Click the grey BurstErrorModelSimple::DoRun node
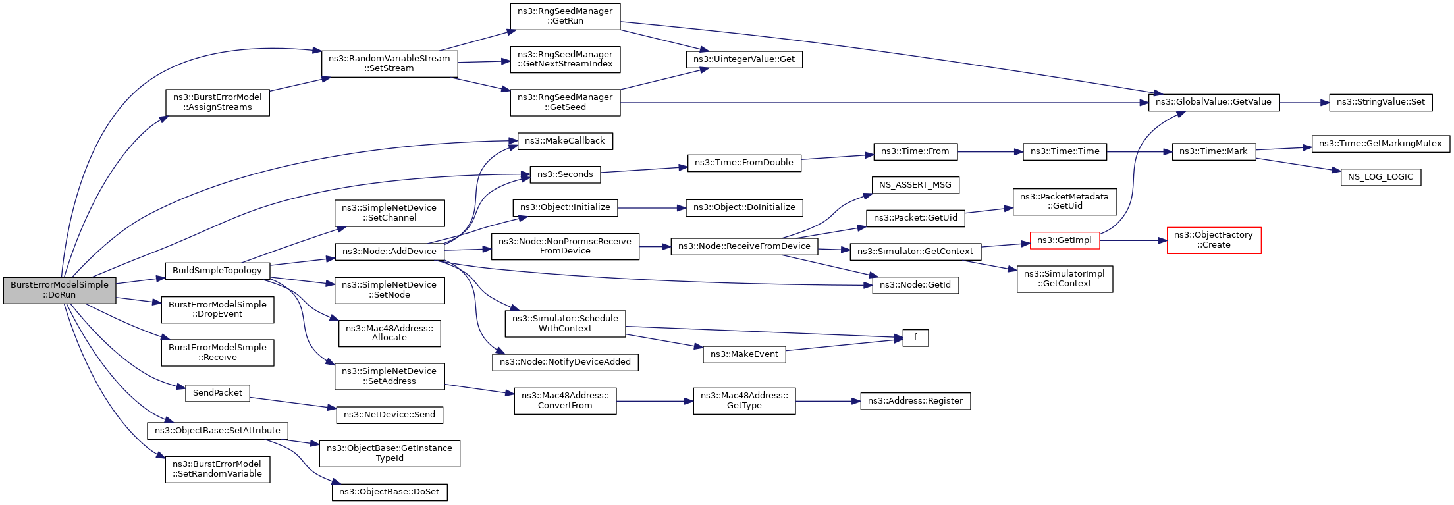[59, 290]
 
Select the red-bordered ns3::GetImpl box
[1064, 240]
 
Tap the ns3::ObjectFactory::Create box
[1214, 240]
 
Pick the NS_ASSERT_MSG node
[915, 185]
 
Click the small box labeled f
[915, 338]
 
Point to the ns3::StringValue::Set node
[1381, 103]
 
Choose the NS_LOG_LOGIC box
[1380, 177]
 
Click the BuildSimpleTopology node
[217, 271]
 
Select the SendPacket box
[217, 393]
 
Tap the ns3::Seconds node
[565, 174]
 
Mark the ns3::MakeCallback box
[565, 141]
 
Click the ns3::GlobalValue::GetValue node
[1214, 103]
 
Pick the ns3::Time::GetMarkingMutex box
[1380, 144]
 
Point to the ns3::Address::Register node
[915, 401]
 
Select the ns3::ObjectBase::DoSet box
[389, 492]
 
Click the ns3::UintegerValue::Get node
[744, 59]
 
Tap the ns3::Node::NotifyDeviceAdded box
[565, 362]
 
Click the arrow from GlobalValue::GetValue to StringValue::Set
[1305, 103]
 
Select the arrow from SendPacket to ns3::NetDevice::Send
[293, 404]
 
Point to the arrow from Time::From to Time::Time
[990, 152]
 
